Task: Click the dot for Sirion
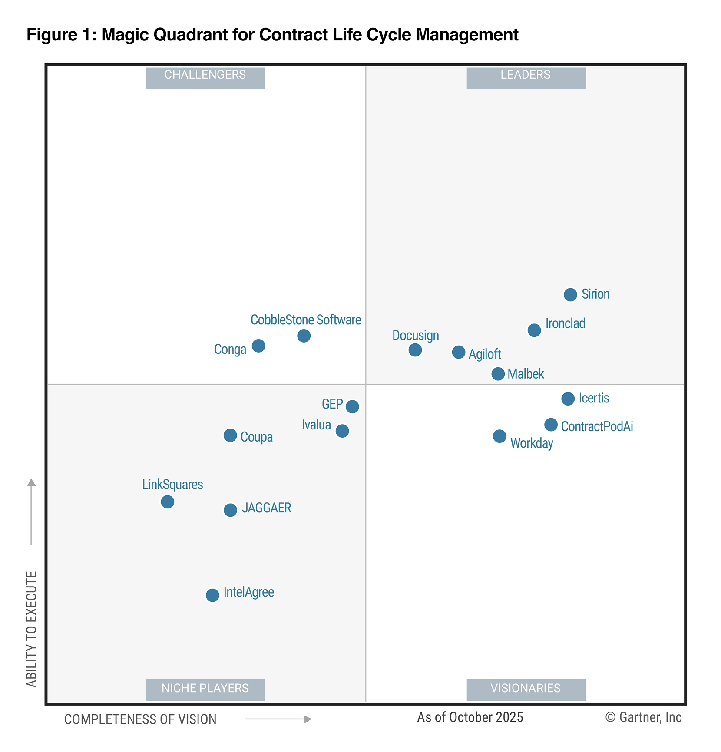pyautogui.click(x=570, y=295)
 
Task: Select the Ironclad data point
pyautogui.click(x=534, y=330)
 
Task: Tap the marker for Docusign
pyautogui.click(x=415, y=350)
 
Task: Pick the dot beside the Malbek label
pyautogui.click(x=498, y=374)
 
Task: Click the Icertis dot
pyautogui.click(x=568, y=399)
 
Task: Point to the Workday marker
pyautogui.click(x=499, y=436)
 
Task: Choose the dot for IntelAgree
pyautogui.click(x=212, y=595)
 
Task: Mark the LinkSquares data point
pyautogui.click(x=168, y=502)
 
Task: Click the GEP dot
pyautogui.click(x=352, y=407)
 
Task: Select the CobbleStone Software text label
pyautogui.click(x=306, y=320)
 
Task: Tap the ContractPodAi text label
pyautogui.click(x=597, y=426)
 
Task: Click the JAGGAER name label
pyautogui.click(x=266, y=508)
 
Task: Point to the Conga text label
pyautogui.click(x=230, y=349)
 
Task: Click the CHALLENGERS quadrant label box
pyautogui.click(x=205, y=78)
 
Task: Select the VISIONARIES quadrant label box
pyautogui.click(x=526, y=689)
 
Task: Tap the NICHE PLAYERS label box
pyautogui.click(x=205, y=689)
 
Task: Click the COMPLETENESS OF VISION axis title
pyautogui.click(x=140, y=719)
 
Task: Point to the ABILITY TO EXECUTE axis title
pyautogui.click(x=32, y=629)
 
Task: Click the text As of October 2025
pyautogui.click(x=470, y=717)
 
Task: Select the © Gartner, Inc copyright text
pyautogui.click(x=643, y=717)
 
